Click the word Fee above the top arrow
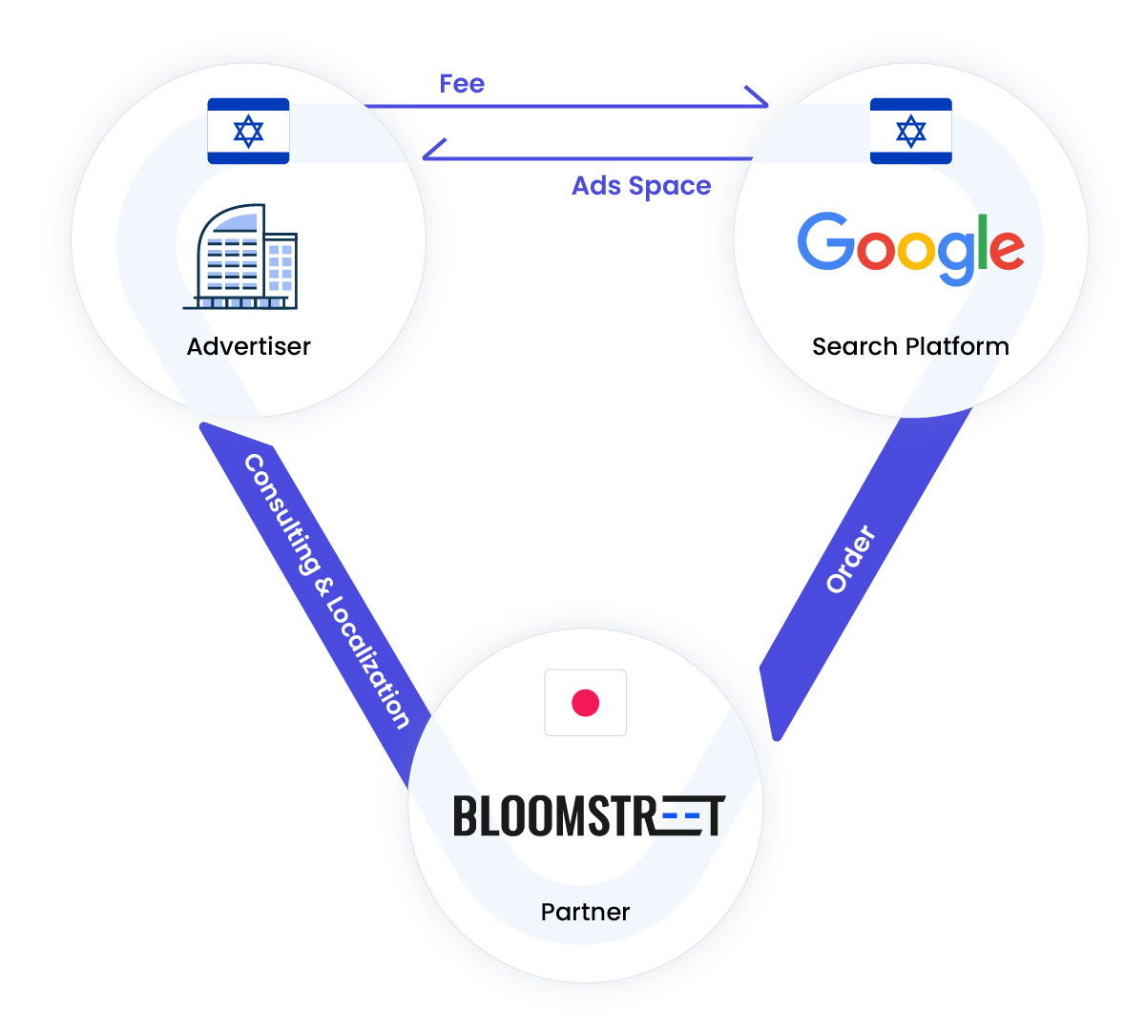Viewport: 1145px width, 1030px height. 462,84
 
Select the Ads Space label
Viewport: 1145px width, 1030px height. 641,186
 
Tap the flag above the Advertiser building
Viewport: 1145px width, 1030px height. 248,131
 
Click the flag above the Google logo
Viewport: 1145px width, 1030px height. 910,131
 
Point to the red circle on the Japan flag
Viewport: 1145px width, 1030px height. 585,703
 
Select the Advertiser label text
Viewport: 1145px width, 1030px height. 248,346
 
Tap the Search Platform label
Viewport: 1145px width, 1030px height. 910,346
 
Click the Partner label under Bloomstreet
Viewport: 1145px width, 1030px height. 585,912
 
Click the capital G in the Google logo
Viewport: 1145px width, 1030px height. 825,240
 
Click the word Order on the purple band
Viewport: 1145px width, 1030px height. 850,559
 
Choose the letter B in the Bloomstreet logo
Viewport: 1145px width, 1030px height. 466,816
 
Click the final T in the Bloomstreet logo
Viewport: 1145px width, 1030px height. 711,816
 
